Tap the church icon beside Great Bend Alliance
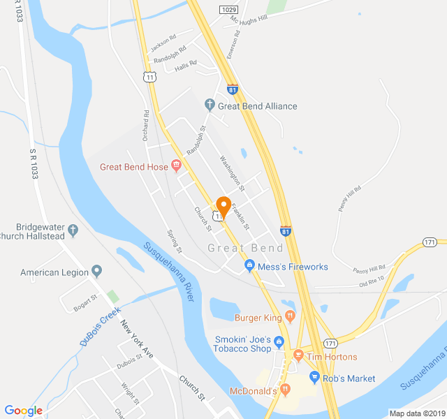click(x=209, y=106)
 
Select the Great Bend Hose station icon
click(x=176, y=166)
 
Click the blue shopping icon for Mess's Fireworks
click(x=249, y=266)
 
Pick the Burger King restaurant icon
click(x=290, y=318)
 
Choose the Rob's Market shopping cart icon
click(x=314, y=378)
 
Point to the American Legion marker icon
click(x=97, y=272)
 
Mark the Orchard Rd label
click(x=146, y=124)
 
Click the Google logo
click(x=23, y=410)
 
